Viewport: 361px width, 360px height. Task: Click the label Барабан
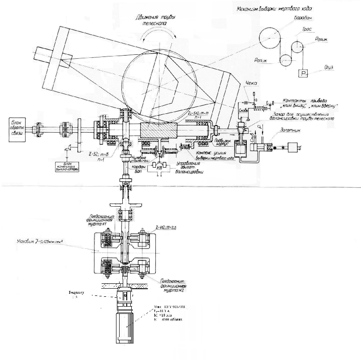(x=303, y=18)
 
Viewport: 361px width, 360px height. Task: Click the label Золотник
(x=291, y=130)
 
